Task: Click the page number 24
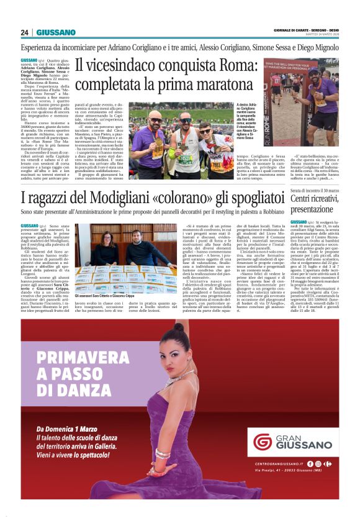coord(25,32)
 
